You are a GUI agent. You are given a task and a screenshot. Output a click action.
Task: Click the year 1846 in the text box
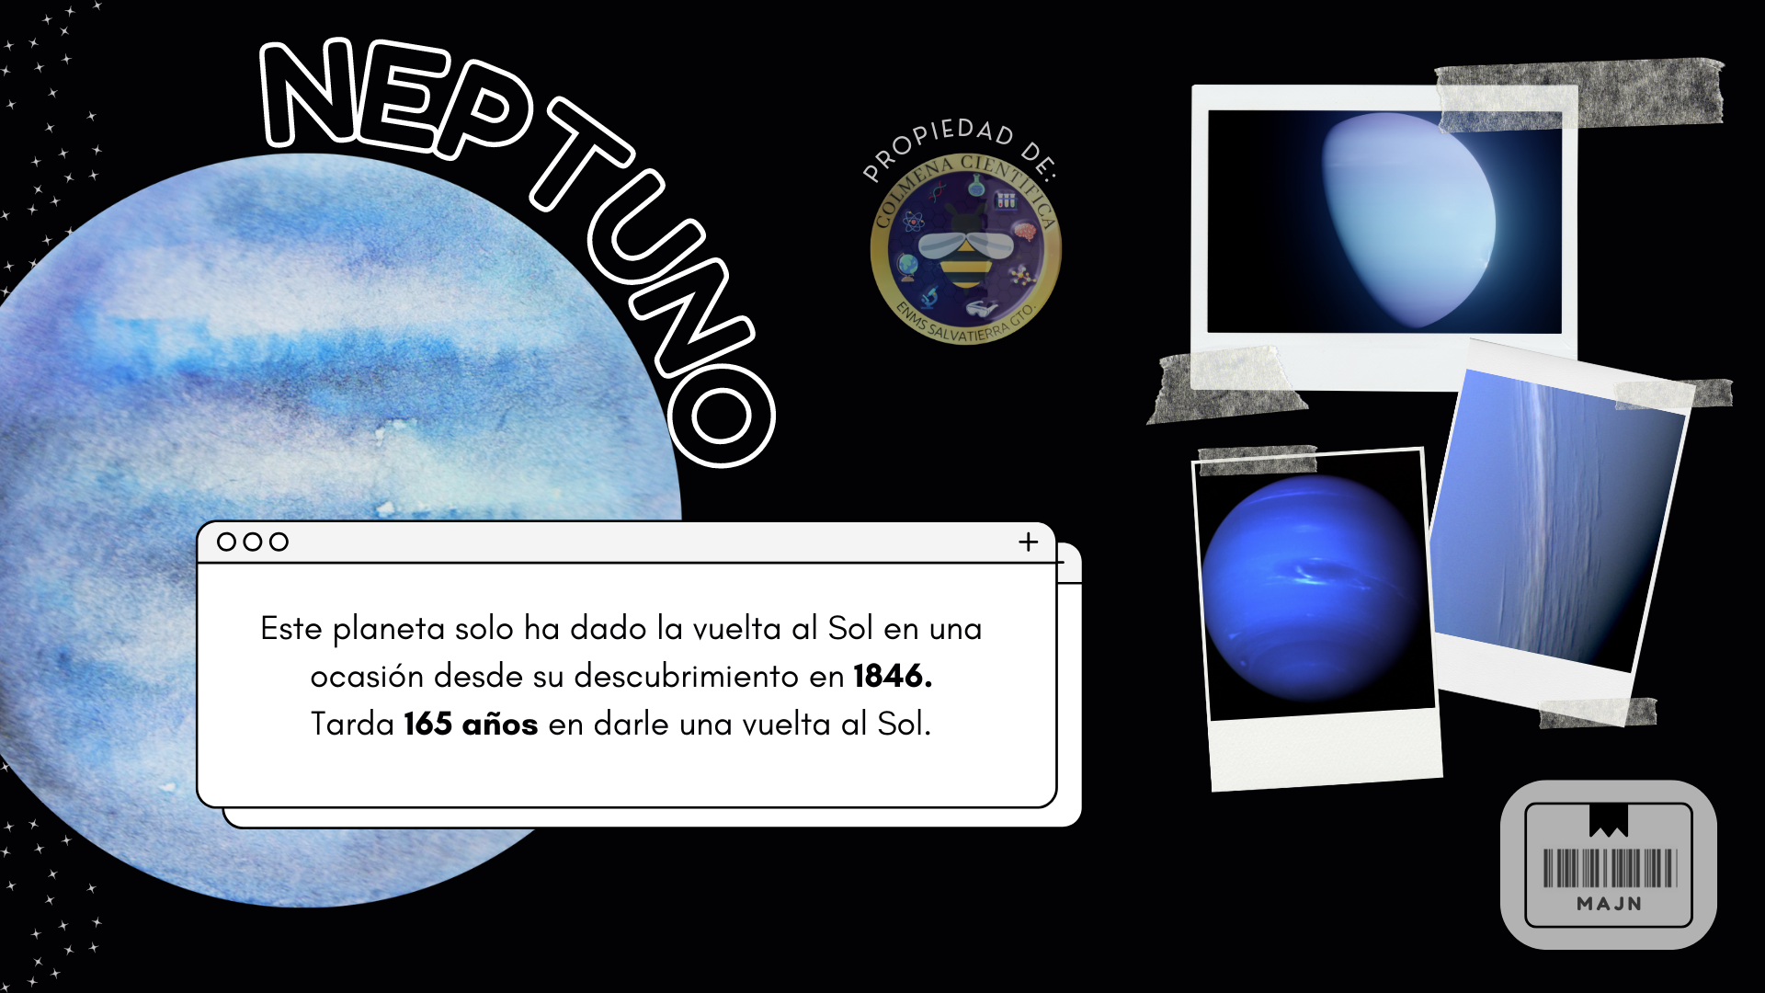click(x=892, y=677)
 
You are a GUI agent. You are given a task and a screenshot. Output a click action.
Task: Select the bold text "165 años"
click(x=471, y=725)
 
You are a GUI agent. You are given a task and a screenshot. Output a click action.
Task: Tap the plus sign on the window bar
click(x=1029, y=542)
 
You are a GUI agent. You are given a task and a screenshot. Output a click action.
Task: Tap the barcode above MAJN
click(x=1610, y=868)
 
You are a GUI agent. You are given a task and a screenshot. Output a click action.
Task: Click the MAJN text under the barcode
click(x=1610, y=904)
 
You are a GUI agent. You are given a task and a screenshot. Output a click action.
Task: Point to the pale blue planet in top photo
click(x=1406, y=221)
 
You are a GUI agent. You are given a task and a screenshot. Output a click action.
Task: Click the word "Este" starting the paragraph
click(x=291, y=629)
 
